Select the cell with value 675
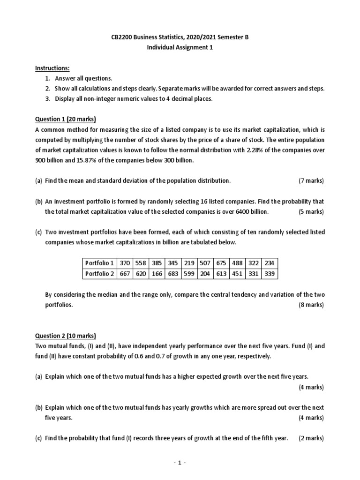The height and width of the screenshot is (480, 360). [x=221, y=263]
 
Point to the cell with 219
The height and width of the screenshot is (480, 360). [x=189, y=263]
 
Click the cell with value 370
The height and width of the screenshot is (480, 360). [x=125, y=263]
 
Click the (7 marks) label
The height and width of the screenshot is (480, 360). [x=311, y=180]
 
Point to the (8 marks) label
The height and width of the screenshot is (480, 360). [x=311, y=305]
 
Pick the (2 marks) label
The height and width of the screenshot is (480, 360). [x=311, y=438]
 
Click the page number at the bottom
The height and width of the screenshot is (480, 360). [x=180, y=463]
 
